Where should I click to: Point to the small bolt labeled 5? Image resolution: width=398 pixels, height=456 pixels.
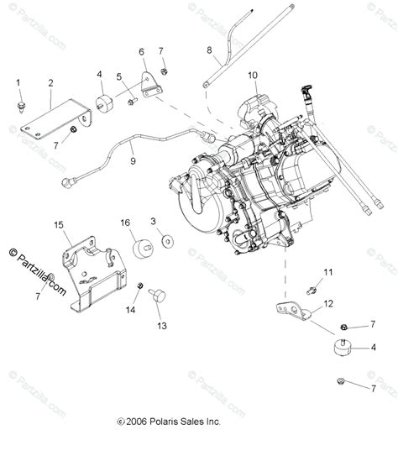pos(132,102)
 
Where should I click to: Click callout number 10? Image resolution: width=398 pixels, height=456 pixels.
pos(253,76)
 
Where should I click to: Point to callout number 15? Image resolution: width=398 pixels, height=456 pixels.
pos(60,225)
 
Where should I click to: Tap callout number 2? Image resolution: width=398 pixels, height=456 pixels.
pos(50,82)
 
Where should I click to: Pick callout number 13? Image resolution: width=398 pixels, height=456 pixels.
pos(160,325)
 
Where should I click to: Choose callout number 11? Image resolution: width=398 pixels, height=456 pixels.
pos(328,271)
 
